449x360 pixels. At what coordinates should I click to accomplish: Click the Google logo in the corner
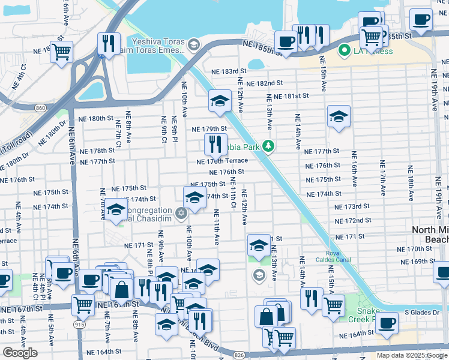(20, 353)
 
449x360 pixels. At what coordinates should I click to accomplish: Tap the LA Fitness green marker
(345, 51)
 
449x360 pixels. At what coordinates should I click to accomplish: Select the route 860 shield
(40, 108)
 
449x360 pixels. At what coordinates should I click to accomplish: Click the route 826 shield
(239, 356)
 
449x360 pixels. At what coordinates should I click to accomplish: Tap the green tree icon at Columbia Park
(270, 146)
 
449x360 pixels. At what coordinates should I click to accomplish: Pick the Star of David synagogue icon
(181, 213)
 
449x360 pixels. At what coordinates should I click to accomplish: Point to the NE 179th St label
(208, 129)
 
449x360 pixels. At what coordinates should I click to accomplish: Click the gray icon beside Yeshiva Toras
(193, 44)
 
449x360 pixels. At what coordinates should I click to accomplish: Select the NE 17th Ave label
(382, 178)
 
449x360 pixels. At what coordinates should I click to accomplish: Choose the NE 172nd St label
(353, 221)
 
